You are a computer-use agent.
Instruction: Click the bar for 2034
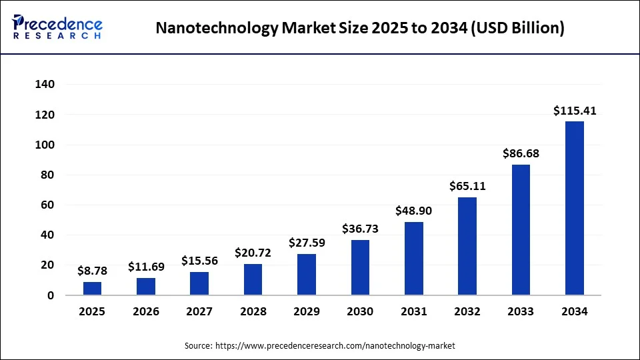click(574, 208)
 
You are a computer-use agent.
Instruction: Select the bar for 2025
click(93, 288)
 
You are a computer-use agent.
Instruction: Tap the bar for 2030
click(360, 267)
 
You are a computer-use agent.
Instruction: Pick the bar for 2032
click(467, 246)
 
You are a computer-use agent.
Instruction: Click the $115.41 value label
click(574, 111)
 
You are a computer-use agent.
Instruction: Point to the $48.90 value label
click(413, 211)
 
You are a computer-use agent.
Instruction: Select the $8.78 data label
click(93, 271)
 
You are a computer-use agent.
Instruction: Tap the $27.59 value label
click(307, 243)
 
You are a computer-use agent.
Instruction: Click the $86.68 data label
click(521, 153)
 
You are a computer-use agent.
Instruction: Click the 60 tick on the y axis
click(47, 205)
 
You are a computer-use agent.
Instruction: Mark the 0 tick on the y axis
click(51, 295)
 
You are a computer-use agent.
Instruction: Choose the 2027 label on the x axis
click(199, 311)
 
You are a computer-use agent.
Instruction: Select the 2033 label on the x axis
click(521, 311)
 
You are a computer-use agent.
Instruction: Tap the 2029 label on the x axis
click(307, 311)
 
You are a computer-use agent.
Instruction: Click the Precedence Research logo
click(57, 27)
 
